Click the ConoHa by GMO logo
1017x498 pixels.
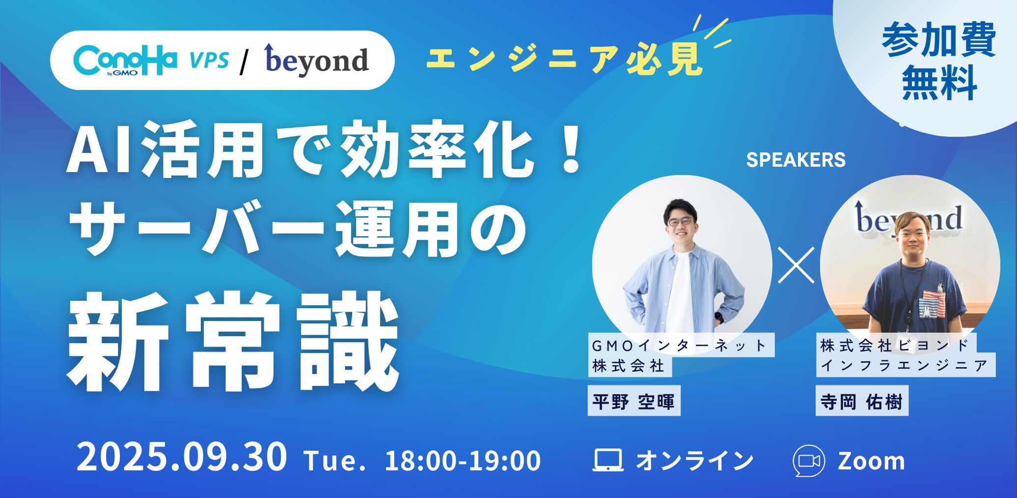point(125,60)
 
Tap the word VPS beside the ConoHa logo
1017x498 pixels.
point(209,60)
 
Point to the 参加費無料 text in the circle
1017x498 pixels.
point(938,61)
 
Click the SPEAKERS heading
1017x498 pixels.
point(795,160)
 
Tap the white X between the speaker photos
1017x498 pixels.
point(796,265)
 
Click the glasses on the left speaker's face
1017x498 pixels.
point(680,222)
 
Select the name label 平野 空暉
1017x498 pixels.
point(634,402)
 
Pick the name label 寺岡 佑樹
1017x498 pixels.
point(862,402)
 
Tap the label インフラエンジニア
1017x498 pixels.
point(905,366)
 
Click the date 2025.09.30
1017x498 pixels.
point(181,458)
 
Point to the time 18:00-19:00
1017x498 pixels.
point(462,461)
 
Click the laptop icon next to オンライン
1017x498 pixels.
point(608,460)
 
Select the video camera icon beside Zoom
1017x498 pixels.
point(809,461)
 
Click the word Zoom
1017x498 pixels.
point(871,461)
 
